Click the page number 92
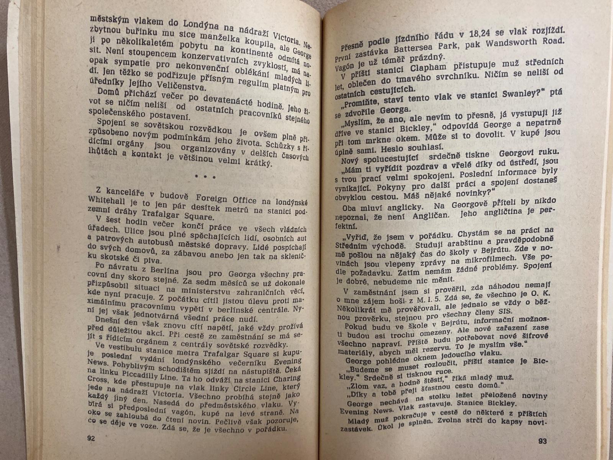(91, 439)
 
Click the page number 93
(542, 441)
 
